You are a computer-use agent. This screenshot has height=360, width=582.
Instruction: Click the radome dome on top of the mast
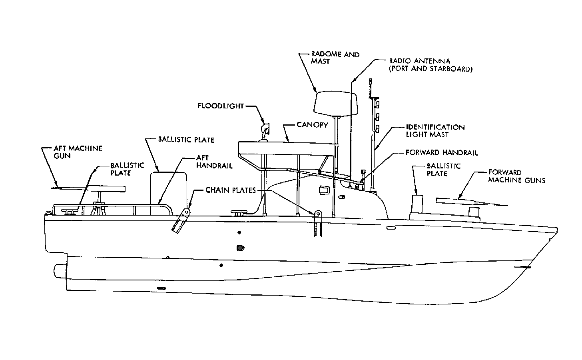pos(335,103)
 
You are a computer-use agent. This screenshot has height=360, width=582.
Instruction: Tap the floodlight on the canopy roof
pos(265,129)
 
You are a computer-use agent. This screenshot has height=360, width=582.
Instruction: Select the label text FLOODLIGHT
pos(220,106)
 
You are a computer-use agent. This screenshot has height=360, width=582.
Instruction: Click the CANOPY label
pos(312,125)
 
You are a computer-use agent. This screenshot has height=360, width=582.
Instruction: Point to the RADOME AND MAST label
pos(335,58)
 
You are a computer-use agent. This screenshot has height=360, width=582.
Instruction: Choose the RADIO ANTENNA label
pos(431,65)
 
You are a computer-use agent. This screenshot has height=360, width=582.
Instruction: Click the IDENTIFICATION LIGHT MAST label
pos(435,131)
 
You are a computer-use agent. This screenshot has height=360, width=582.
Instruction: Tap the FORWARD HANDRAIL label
pos(442,152)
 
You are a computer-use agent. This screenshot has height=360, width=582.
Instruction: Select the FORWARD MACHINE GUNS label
pos(516,176)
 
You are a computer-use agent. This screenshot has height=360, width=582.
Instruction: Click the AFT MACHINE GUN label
pos(78,152)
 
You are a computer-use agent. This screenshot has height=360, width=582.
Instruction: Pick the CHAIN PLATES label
pos(230,190)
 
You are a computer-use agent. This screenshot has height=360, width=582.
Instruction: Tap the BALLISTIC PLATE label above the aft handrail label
pos(186,140)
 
